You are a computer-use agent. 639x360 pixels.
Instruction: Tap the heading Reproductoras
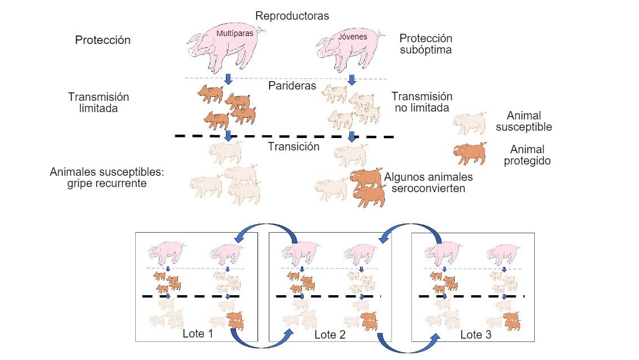[292, 15]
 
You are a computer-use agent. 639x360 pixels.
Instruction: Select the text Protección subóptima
[425, 44]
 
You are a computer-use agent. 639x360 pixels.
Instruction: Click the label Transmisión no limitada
[422, 102]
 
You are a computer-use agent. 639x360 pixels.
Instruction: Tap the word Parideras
[292, 86]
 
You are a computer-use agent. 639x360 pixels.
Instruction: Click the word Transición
[294, 146]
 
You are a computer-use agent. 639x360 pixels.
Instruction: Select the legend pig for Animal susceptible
[471, 122]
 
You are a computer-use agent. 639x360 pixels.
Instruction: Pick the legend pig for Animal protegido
[470, 153]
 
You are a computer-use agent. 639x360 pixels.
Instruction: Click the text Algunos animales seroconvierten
[428, 183]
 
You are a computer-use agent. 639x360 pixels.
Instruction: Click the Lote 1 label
[198, 334]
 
